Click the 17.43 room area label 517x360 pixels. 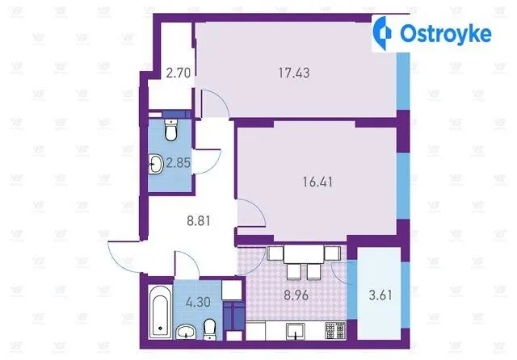pyautogui.click(x=294, y=73)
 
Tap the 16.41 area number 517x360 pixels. pyautogui.click(x=317, y=182)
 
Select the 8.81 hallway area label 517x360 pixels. pyautogui.click(x=199, y=220)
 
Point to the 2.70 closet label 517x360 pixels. pyautogui.click(x=179, y=73)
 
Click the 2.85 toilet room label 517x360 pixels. pyautogui.click(x=178, y=163)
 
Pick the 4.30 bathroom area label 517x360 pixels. pyautogui.click(x=198, y=302)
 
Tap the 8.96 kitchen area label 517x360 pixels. pyautogui.click(x=296, y=295)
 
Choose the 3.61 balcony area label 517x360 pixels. pyautogui.click(x=380, y=295)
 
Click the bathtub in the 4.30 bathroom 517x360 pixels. pyautogui.click(x=160, y=312)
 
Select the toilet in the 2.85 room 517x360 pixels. pyautogui.click(x=170, y=130)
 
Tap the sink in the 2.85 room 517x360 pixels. pyautogui.click(x=156, y=164)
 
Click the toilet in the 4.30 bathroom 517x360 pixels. pyautogui.click(x=210, y=329)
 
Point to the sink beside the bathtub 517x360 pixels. pyautogui.click(x=186, y=332)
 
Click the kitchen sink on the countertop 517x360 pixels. pyautogui.click(x=296, y=331)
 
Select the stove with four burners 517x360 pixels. pyautogui.click(x=335, y=331)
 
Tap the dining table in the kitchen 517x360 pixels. pyautogui.click(x=304, y=254)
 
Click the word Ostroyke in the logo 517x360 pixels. pyautogui.click(x=445, y=33)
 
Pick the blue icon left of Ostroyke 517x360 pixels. pyautogui.click(x=382, y=33)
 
